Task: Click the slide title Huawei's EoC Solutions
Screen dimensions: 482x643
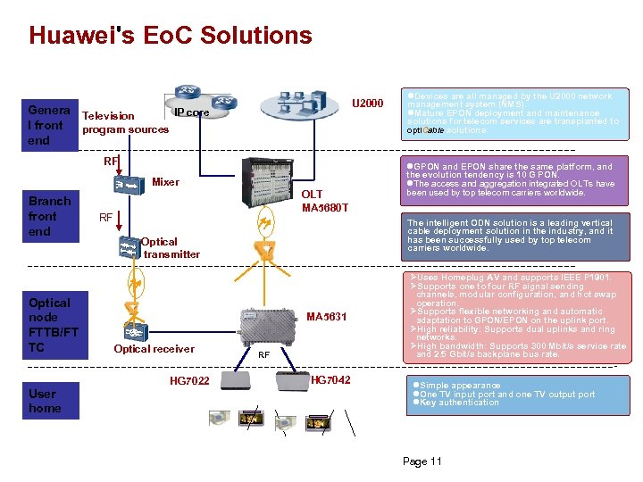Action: [x=170, y=36]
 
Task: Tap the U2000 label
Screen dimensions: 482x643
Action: [x=367, y=104]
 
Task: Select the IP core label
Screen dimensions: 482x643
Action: [x=191, y=112]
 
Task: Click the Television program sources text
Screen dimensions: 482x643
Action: [x=124, y=122]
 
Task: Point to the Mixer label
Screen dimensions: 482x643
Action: [x=165, y=182]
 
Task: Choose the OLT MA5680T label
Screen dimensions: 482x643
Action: [x=324, y=201]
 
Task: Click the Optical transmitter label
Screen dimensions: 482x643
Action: [x=171, y=247]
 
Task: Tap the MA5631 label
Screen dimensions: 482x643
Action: [x=326, y=317]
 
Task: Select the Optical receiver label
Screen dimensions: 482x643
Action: [x=154, y=349]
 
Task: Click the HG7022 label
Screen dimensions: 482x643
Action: [x=189, y=382]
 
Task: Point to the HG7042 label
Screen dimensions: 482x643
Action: [x=330, y=380]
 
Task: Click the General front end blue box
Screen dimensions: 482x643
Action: [x=50, y=125]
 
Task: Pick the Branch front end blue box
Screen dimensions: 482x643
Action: [x=50, y=216]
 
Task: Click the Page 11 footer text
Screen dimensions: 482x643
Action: [x=422, y=461]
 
